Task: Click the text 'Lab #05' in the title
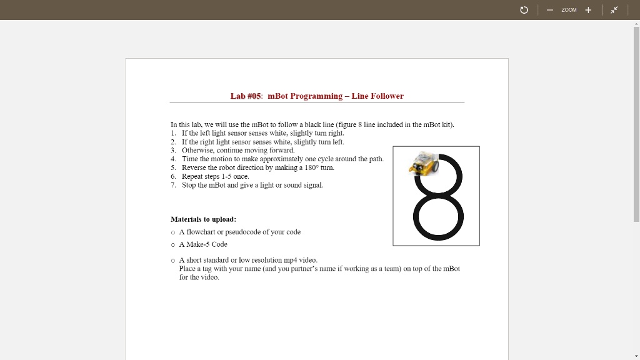pos(246,96)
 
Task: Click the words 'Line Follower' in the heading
pos(377,96)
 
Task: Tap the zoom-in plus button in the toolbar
pos(588,10)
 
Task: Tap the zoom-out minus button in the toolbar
pos(549,10)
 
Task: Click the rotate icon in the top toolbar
pos(524,10)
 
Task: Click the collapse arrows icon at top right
pos(614,10)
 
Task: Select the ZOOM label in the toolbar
pos(569,10)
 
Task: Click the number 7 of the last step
pos(172,186)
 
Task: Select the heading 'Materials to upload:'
pos(203,219)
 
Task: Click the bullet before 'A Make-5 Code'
pos(173,245)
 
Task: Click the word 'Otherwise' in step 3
pos(197,151)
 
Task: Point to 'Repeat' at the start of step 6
pos(192,177)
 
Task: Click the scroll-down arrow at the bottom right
pos(636,356)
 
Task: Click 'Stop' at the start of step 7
pos(188,186)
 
